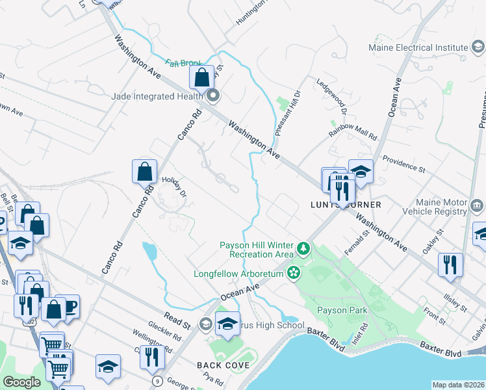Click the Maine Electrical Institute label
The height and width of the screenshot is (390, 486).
pyautogui.click(x=418, y=47)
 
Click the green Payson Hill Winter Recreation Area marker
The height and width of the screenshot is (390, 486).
pyautogui.click(x=303, y=248)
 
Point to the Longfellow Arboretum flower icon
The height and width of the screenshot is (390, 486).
pyautogui.click(x=294, y=273)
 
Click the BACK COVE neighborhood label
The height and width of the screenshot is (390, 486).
pyautogui.click(x=224, y=365)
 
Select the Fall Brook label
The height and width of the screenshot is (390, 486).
pyautogui.click(x=183, y=63)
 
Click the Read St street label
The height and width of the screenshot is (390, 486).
pyautogui.click(x=177, y=321)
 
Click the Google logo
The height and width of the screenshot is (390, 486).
pyautogui.click(x=21, y=382)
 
